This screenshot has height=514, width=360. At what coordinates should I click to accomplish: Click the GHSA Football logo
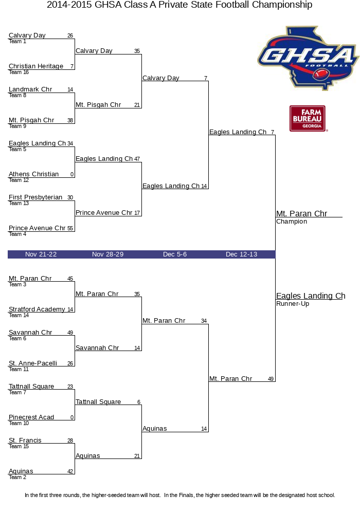pos(308,57)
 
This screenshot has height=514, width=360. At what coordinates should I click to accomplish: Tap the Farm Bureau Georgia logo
pos(308,118)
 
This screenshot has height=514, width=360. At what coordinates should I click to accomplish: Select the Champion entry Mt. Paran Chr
pos(301,214)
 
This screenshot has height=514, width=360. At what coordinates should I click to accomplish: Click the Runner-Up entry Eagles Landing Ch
pos(310,296)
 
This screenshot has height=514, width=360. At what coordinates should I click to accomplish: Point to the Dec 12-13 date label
pos(241,254)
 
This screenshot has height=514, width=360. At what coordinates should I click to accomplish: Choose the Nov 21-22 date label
pos(41,254)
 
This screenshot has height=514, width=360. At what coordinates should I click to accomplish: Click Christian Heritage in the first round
pos(36,66)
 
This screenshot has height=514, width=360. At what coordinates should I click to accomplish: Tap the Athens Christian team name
pos(34,174)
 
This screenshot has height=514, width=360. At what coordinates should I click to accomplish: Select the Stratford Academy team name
pos(37,309)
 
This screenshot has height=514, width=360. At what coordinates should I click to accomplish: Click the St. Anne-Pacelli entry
pos(33,363)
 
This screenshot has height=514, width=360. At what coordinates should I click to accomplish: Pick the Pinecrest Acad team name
pos(31,417)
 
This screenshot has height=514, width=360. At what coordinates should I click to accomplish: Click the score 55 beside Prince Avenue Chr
pos(70,229)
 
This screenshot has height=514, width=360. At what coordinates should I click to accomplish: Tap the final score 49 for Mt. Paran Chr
pos(271,379)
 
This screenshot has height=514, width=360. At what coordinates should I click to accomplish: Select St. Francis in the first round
pos(25,440)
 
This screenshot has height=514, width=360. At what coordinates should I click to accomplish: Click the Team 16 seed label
pos(15,72)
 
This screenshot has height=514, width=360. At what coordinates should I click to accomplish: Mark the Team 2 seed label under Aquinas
pos(14,478)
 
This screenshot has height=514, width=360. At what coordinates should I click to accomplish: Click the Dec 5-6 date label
pos(175,254)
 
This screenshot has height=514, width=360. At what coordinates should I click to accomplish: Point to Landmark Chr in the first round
pos(30,89)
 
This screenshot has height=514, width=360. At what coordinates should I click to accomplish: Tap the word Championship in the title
pos(278,5)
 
